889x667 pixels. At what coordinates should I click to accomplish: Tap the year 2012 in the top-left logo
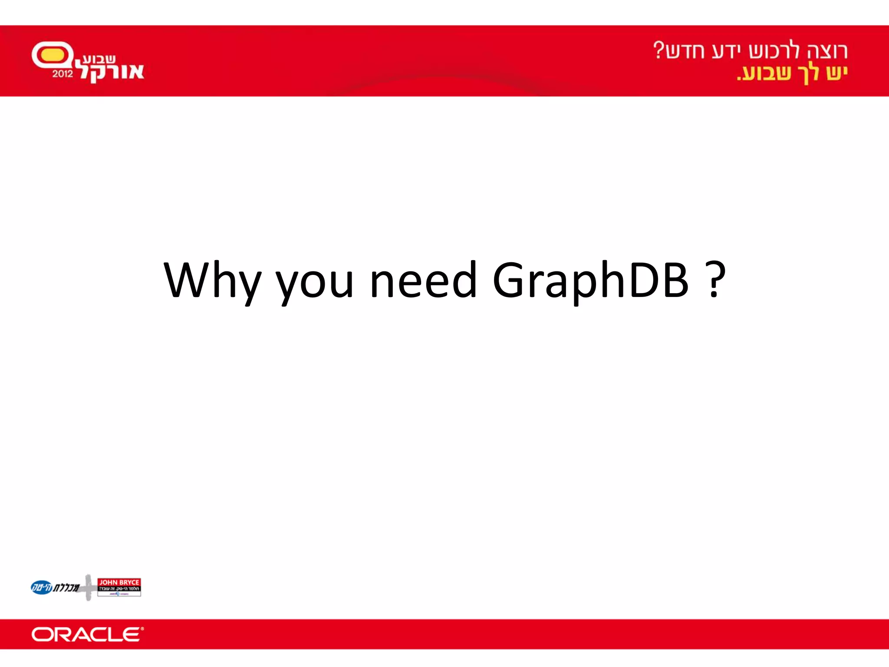pos(63,74)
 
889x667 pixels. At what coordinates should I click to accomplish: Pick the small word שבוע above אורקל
pos(99,59)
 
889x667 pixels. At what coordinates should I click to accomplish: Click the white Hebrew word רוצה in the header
pos(827,51)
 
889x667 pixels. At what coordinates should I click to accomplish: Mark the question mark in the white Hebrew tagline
pos(659,50)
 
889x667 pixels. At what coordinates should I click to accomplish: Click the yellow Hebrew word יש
pos(836,73)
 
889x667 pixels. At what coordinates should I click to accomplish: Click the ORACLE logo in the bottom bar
pos(87,634)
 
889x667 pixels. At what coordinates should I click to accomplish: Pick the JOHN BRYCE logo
pos(119,587)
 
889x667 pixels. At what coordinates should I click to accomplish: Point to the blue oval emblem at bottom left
pos(41,588)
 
